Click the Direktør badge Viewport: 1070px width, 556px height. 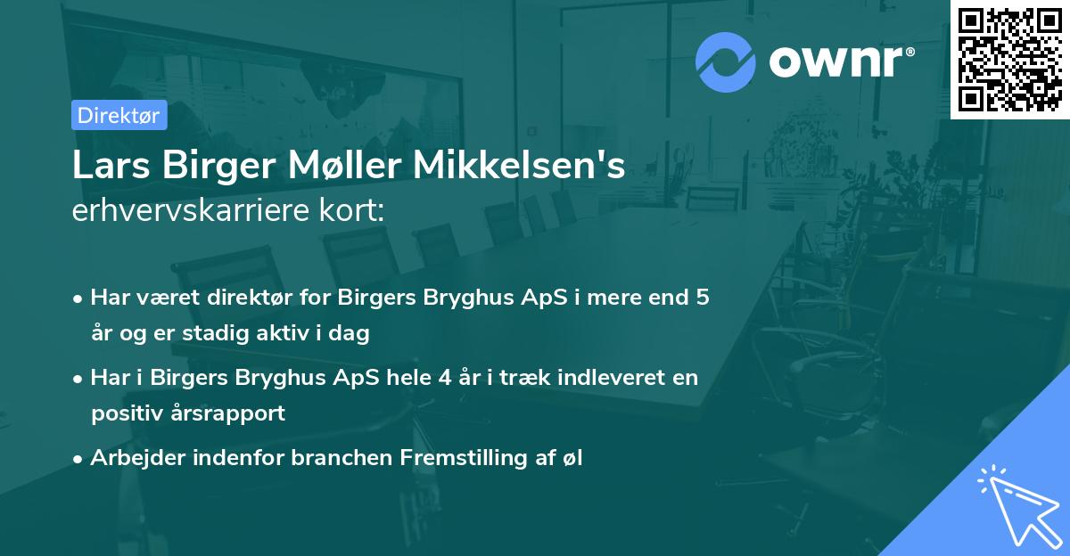click(x=119, y=115)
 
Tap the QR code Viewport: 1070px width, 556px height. click(x=1009, y=59)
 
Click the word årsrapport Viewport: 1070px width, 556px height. click(x=230, y=413)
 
